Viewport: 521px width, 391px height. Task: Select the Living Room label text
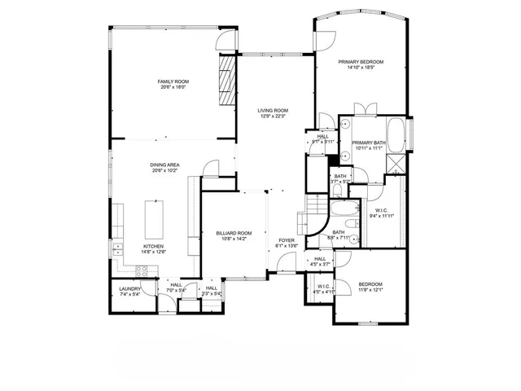274,110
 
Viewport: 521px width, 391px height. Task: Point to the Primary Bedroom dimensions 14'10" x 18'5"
361,68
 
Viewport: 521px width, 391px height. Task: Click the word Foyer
287,240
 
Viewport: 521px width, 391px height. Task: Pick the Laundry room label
130,288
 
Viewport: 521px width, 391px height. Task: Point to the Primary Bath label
369,143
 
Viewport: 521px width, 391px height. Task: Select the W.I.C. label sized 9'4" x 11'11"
381,213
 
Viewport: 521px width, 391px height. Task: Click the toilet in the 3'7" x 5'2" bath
337,191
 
